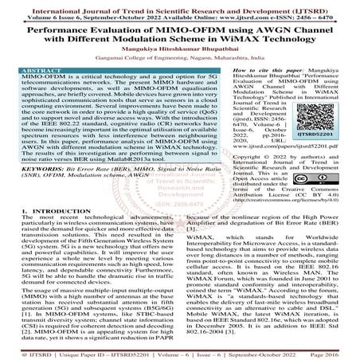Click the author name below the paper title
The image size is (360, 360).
tap(179, 46)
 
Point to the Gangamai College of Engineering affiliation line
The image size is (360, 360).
tap(179, 57)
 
